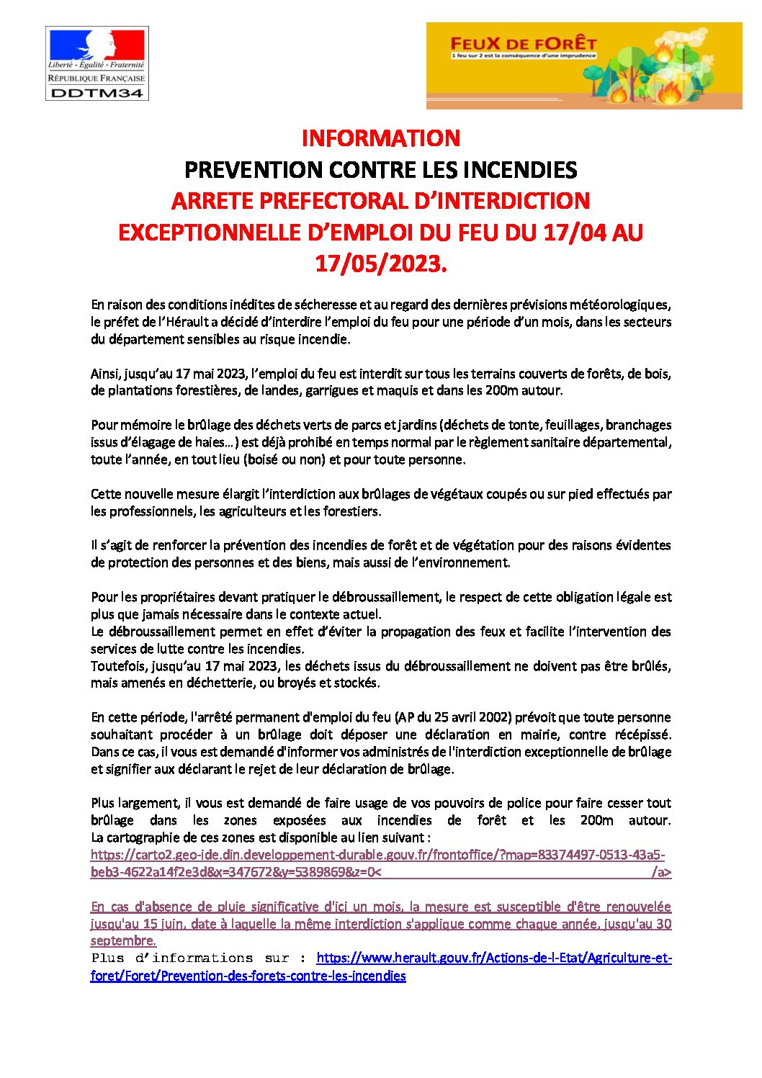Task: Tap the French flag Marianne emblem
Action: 97,45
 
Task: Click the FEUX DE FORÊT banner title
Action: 523,43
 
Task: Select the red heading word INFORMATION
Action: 380,138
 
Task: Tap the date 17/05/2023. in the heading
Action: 381,264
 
